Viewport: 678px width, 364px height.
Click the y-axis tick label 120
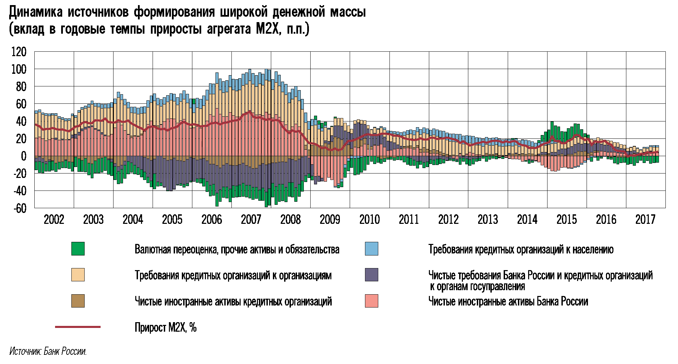[19, 52]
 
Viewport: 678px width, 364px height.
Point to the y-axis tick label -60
[19, 208]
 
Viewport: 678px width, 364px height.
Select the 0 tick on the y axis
[23, 156]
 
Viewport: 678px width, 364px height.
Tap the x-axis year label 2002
[54, 220]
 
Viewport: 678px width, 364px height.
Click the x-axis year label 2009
[330, 220]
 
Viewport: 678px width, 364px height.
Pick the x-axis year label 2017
[645, 220]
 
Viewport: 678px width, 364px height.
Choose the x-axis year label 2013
[487, 220]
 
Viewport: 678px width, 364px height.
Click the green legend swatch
[78, 249]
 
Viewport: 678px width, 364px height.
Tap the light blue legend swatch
[371, 249]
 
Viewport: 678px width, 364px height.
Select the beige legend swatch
[78, 275]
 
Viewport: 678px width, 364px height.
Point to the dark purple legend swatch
[371, 275]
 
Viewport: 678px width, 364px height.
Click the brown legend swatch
[78, 301]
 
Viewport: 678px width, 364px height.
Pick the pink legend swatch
[371, 301]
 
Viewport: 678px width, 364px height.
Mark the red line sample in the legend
[78, 327]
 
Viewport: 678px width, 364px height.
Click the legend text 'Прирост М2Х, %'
[166, 327]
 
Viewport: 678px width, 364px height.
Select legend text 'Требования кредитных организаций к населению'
[521, 249]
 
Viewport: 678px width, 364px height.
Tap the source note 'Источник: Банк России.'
[48, 351]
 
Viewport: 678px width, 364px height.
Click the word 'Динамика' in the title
[36, 12]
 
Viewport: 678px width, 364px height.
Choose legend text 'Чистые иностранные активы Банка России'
[508, 301]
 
